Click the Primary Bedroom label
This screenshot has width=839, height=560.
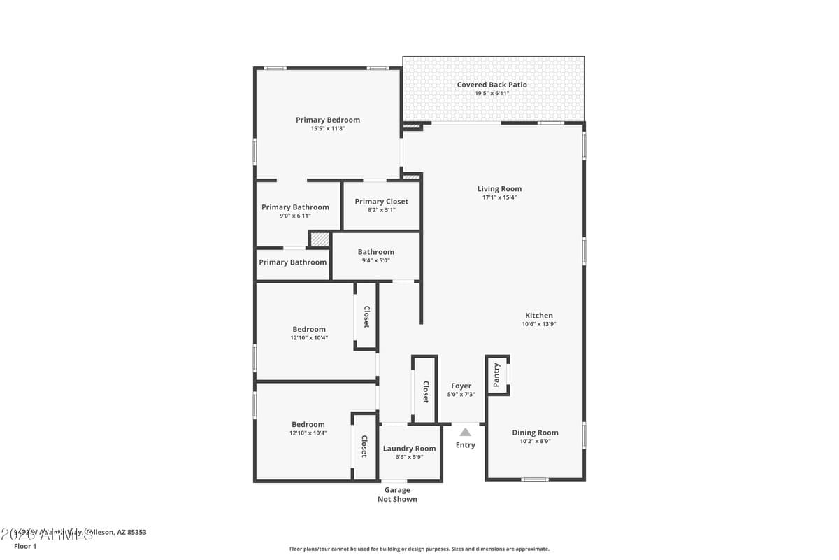click(327, 120)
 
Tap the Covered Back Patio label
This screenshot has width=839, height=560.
click(492, 85)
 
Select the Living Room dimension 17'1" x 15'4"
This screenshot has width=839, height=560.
click(499, 197)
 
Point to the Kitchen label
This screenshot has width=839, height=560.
click(539, 316)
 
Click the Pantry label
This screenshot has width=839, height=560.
click(496, 375)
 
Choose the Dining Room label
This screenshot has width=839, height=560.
click(535, 433)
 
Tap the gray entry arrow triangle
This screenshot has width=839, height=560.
click(465, 432)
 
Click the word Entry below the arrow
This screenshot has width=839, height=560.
click(465, 445)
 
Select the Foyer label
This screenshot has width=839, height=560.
click(461, 386)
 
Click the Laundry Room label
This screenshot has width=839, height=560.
click(409, 449)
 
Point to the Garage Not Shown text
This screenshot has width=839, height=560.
click(397, 495)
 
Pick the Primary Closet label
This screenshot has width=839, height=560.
click(381, 202)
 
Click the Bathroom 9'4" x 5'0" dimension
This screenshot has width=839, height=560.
click(375, 260)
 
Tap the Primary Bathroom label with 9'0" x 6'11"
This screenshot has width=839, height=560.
click(295, 207)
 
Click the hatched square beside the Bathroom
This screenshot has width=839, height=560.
click(320, 239)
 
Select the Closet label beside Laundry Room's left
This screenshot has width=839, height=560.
click(364, 447)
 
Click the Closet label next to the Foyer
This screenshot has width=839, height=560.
click(425, 392)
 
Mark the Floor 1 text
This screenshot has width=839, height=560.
click(25, 546)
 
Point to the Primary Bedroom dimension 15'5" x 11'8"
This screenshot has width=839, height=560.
click(327, 129)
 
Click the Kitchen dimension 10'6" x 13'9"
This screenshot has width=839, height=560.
click(539, 324)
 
